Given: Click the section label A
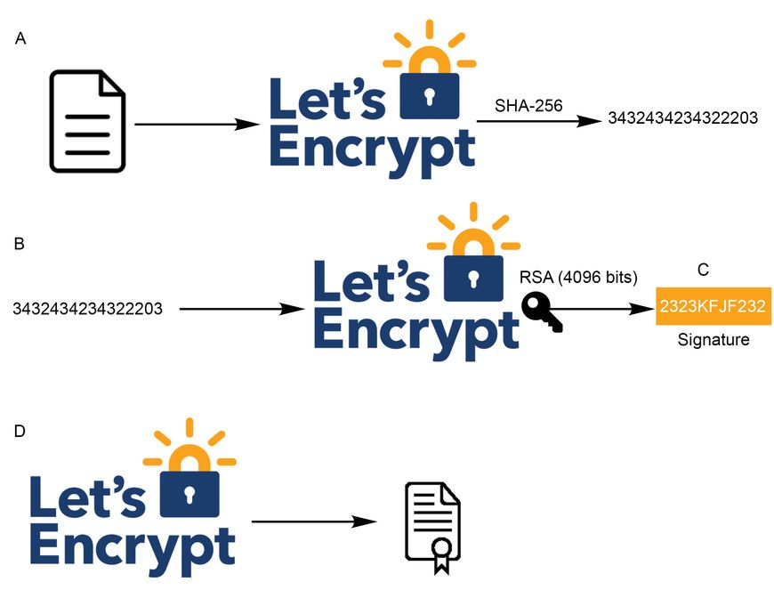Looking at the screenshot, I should [22, 39].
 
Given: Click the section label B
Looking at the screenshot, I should [20, 242].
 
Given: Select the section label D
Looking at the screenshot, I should [21, 431].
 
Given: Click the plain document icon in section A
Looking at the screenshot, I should [88, 122].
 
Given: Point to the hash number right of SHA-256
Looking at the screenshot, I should [682, 117].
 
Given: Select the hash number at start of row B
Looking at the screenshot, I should [87, 309].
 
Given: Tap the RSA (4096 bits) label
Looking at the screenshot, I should [578, 278].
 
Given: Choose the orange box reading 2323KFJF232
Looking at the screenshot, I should [713, 307].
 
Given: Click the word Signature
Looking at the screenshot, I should [713, 339].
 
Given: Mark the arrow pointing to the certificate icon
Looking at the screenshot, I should [313, 522].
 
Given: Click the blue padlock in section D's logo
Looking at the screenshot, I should [189, 493].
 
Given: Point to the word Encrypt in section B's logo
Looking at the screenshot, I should [416, 331].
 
